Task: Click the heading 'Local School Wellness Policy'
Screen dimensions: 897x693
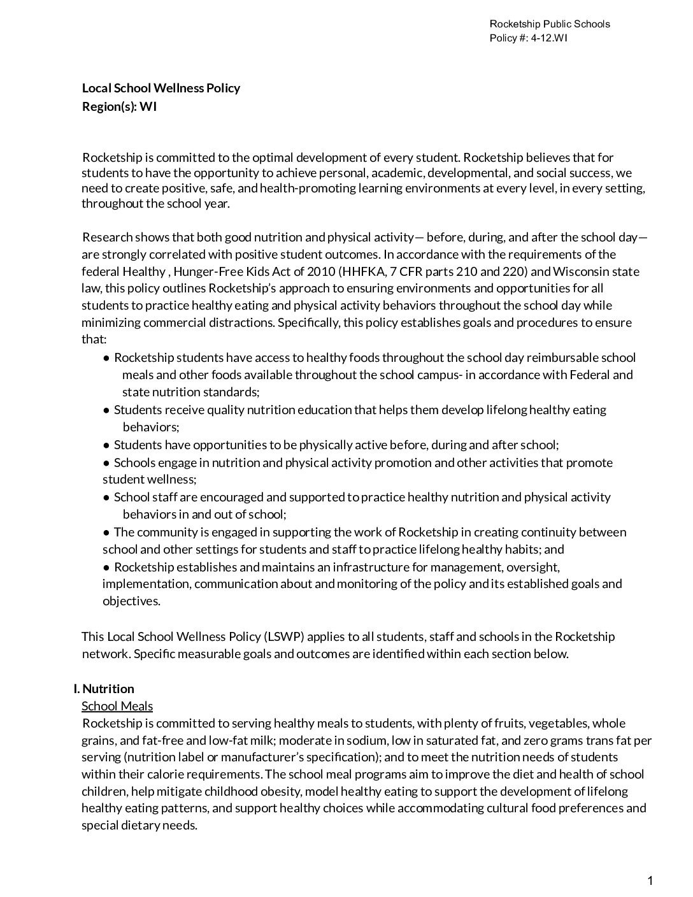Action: point(161,88)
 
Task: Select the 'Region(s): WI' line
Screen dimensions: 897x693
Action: point(119,106)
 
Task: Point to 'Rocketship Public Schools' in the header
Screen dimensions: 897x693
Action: point(549,24)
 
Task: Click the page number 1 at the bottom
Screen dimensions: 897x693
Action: point(650,881)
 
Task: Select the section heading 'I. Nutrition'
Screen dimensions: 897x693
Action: point(104,689)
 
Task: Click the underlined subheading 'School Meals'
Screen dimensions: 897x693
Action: point(117,706)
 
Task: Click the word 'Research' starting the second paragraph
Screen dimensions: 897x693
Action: point(108,238)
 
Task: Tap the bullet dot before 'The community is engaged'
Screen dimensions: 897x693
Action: point(107,532)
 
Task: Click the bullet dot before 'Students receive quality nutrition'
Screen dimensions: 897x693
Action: point(107,410)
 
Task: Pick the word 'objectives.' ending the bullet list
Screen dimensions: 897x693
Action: point(131,601)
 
